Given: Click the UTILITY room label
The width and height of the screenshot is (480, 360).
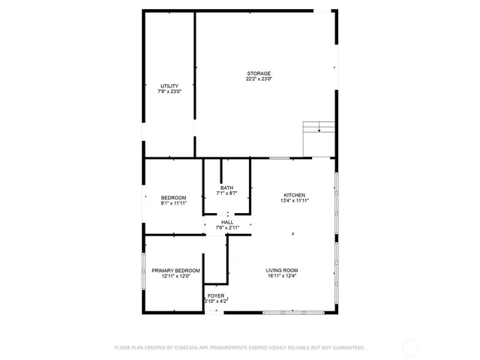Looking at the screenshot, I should tap(169, 86).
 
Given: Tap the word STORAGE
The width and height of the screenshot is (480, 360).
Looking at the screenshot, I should tap(259, 73).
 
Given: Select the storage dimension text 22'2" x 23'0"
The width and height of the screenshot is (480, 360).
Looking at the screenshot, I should tap(259, 79).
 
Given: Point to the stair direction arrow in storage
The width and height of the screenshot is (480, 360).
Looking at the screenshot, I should tap(319, 130).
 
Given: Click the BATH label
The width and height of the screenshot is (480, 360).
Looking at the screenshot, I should tap(226, 187).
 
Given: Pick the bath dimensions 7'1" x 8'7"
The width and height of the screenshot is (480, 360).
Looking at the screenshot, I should tap(226, 193).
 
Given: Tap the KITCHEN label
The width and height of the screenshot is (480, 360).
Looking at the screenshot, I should tap(294, 195).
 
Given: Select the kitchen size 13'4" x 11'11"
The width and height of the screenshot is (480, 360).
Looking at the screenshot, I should tap(294, 201).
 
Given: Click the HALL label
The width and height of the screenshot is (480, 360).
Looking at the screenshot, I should tap(226, 222).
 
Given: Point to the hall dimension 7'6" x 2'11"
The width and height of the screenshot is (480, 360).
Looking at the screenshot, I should tap(226, 228).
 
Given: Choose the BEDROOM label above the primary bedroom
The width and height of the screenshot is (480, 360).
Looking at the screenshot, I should tap(173, 197).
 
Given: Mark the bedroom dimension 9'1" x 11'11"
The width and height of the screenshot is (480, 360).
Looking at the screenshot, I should tap(173, 203).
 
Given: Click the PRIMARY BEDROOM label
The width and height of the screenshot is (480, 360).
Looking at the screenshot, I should tap(175, 270).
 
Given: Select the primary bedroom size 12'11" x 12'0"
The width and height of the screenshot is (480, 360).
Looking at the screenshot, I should tap(175, 276).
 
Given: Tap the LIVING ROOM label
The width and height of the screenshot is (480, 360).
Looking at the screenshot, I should tap(282, 270).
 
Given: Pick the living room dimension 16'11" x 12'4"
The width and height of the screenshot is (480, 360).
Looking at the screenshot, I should tap(282, 276).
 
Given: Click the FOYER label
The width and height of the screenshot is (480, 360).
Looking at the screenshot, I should tap(215, 295).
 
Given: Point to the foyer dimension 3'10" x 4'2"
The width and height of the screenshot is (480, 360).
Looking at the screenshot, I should tap(215, 301).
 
